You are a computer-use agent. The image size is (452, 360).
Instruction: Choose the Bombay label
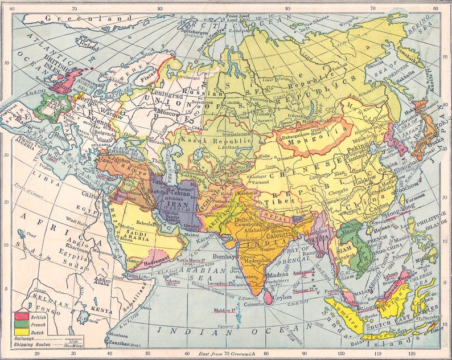pos(223,257)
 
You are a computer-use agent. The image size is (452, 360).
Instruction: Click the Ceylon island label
pos(282,296)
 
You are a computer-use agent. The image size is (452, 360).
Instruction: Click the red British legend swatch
pos(20,316)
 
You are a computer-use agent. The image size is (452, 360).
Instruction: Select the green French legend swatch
pos(20,323)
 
